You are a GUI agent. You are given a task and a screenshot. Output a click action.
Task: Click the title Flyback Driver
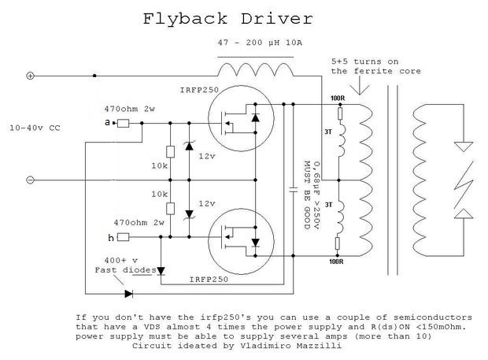pyautogui.click(x=227, y=19)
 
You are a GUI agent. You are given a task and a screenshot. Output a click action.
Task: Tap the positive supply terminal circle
pyautogui.click(x=30, y=76)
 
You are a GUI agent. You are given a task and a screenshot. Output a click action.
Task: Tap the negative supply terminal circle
pyautogui.click(x=30, y=180)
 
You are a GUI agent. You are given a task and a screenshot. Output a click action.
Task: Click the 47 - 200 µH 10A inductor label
pyautogui.click(x=260, y=43)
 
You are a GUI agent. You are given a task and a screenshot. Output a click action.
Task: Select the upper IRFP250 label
pyautogui.click(x=199, y=90)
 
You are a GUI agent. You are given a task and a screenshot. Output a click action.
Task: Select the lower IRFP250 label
pyautogui.click(x=209, y=280)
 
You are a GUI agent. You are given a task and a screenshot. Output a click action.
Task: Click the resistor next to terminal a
pyautogui.click(x=123, y=124)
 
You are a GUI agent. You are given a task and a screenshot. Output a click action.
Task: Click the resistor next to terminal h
pyautogui.click(x=123, y=237)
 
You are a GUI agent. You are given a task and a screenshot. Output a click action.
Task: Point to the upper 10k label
pyautogui.click(x=159, y=165)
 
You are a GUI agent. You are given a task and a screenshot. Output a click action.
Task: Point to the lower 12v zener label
pyautogui.click(x=207, y=204)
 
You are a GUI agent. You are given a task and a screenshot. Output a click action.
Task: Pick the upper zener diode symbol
pyautogui.click(x=189, y=146)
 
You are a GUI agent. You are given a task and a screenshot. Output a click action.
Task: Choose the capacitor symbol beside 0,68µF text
pyautogui.click(x=293, y=190)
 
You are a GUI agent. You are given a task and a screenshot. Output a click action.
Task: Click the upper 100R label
pyautogui.click(x=338, y=98)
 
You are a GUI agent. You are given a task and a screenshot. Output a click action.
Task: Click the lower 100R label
pyautogui.click(x=336, y=262)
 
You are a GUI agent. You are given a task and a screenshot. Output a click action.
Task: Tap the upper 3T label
pyautogui.click(x=328, y=132)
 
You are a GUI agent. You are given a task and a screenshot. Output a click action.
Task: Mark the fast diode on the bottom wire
pyautogui.click(x=128, y=294)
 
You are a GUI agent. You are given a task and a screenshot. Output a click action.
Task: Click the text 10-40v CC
pyautogui.click(x=35, y=128)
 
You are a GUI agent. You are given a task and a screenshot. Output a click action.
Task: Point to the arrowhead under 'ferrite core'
pyautogui.click(x=360, y=89)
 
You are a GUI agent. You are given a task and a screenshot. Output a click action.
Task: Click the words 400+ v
pyautogui.click(x=120, y=260)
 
